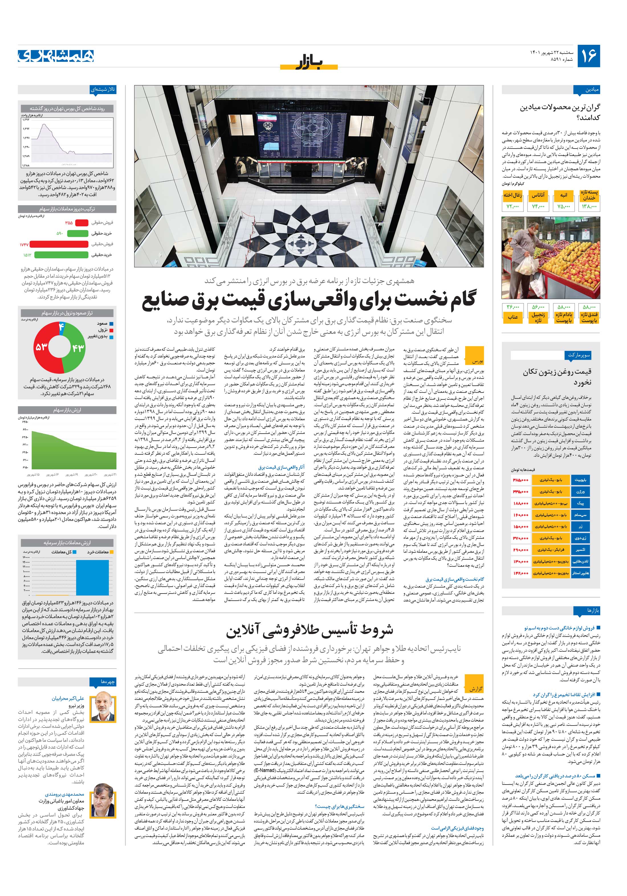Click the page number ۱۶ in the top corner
588,56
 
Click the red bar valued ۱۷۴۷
59,244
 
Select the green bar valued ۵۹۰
78,233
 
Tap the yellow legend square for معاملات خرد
112,552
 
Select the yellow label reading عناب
513,317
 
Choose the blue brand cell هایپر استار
580,573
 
